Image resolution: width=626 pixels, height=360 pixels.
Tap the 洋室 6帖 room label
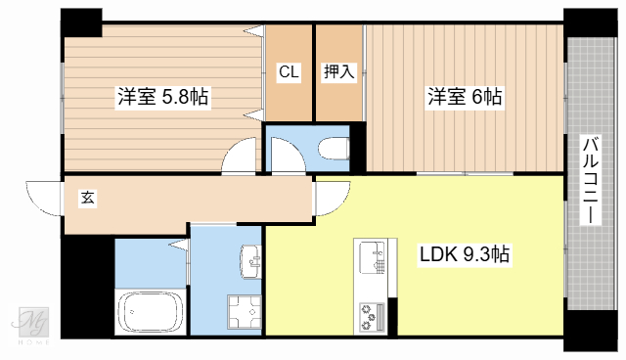464,97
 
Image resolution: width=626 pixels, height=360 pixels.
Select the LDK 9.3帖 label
464,255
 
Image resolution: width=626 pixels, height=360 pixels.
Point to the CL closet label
289,71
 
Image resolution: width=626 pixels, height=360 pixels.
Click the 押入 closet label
338,71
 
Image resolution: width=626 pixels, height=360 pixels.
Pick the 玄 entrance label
87,198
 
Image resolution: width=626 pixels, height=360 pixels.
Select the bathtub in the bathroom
151,314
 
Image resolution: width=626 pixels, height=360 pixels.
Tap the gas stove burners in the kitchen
373,315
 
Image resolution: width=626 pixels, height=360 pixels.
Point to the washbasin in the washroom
251,260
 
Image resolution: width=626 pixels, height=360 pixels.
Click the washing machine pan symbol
243,313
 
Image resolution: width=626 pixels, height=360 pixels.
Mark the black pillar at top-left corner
81,21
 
